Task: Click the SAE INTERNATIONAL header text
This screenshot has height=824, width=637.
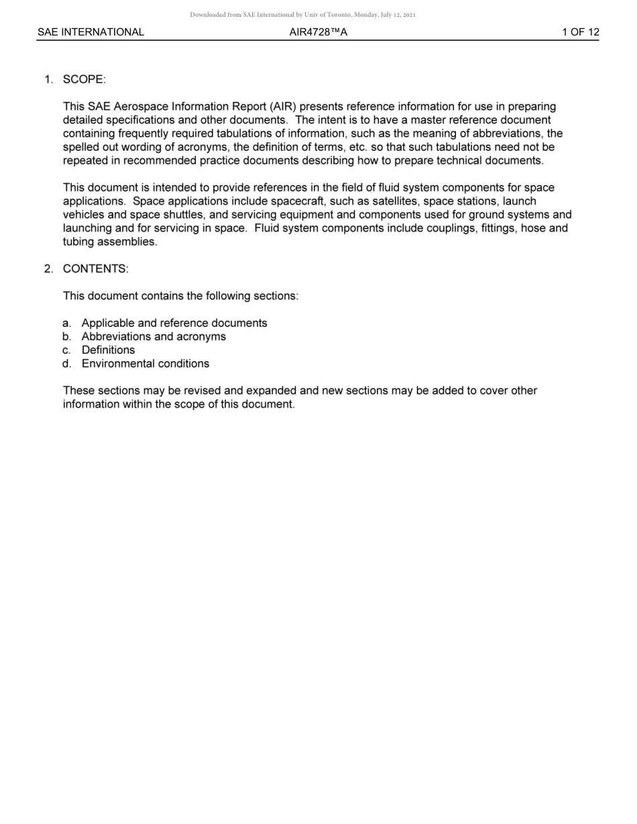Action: point(91,32)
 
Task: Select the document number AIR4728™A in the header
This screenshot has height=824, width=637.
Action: point(318,32)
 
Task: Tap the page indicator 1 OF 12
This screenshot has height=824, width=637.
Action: point(581,32)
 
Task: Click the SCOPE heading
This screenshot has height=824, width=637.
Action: point(84,80)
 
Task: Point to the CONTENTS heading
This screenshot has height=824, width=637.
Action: point(95,269)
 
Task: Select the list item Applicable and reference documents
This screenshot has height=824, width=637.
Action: point(174,323)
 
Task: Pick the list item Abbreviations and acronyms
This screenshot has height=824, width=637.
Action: point(154,336)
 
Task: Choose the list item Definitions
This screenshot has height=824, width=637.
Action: point(108,350)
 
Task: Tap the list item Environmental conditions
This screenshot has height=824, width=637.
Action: point(146,364)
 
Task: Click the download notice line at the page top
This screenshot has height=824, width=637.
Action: point(303,15)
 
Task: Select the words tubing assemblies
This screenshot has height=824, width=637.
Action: point(110,242)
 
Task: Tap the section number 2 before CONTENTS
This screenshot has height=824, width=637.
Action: point(48,269)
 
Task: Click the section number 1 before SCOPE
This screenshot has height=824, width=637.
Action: point(48,80)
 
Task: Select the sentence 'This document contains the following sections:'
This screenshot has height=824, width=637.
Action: point(180,295)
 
